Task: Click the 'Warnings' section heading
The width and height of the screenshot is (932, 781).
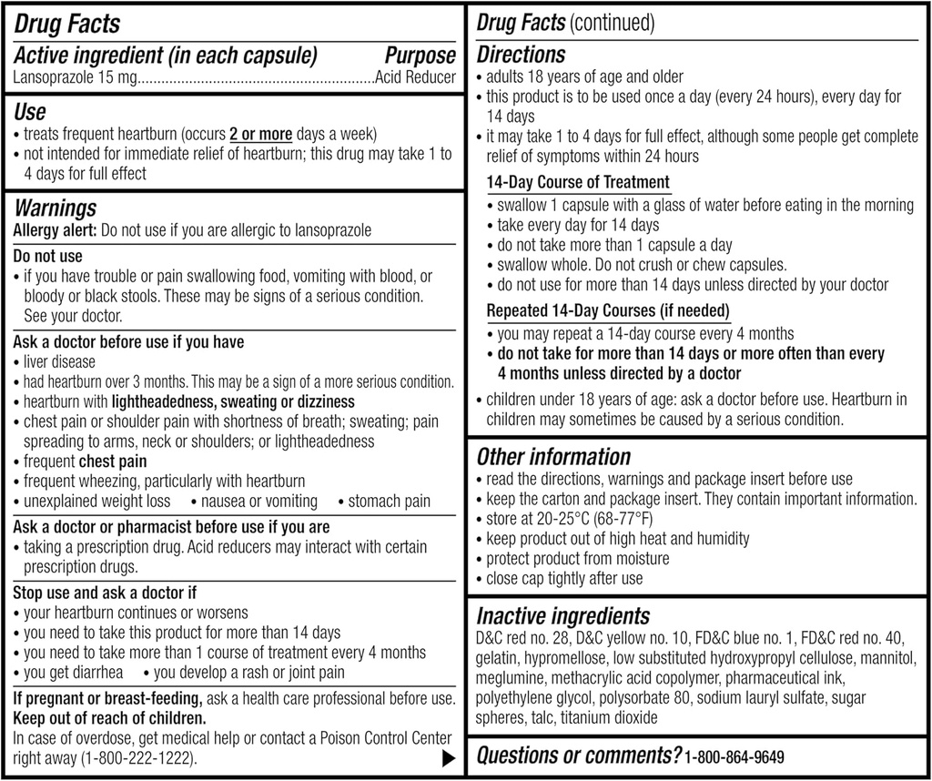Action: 55,209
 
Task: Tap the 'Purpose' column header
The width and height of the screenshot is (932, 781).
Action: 420,56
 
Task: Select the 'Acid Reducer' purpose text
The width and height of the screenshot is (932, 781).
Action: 416,78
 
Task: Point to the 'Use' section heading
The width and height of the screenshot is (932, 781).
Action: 30,113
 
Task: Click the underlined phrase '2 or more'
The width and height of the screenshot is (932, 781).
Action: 260,134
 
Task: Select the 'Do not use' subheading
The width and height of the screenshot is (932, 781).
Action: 47,256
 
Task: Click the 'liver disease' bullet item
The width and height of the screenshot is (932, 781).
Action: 59,362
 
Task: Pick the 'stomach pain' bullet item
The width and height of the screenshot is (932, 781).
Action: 390,502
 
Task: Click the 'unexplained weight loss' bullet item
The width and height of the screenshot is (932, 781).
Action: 96,502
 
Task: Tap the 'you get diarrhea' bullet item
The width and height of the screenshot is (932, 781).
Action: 74,673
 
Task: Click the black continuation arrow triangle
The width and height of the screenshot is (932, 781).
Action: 447,757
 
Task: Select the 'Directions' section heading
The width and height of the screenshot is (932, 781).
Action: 521,55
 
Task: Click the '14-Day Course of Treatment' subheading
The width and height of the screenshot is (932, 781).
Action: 578,182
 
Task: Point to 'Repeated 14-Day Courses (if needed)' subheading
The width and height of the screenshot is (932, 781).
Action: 608,311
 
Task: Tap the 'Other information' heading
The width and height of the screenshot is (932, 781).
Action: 553,456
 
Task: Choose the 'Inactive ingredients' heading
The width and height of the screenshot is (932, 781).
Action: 562,616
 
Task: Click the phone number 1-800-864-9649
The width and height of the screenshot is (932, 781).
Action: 734,756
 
